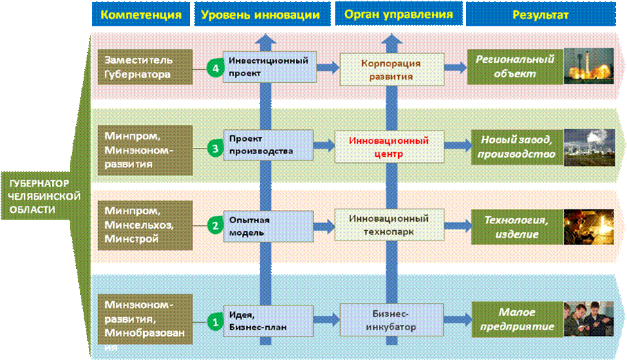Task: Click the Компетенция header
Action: pos(140,14)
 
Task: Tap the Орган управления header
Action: pos(395,14)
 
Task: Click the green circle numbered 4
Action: pos(215,68)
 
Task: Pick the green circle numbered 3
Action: pos(215,146)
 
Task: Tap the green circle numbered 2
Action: pos(215,225)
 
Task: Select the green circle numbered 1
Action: pos(215,321)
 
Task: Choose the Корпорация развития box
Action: pos(387,68)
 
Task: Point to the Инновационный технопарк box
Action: pos(387,226)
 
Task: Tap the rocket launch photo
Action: pos(588,66)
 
